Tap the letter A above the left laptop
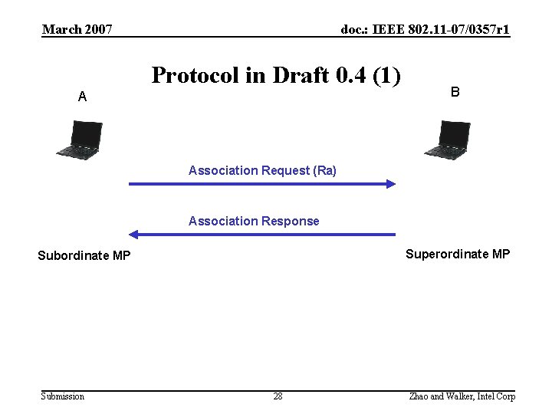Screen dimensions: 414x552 click(x=82, y=97)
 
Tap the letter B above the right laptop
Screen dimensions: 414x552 click(x=455, y=92)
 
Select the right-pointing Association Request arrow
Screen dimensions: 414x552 click(x=261, y=184)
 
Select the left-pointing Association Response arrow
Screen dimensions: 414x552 click(x=261, y=234)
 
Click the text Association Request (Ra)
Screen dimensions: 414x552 click(x=262, y=170)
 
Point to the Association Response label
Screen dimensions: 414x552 click(x=254, y=221)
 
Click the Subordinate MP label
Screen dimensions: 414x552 click(x=84, y=255)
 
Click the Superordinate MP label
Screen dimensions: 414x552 click(x=457, y=254)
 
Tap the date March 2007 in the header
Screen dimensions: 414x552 click(x=77, y=30)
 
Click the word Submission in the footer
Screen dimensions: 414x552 click(x=63, y=396)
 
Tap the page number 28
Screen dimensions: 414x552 click(x=278, y=396)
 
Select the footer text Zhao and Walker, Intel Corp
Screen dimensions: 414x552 click(x=462, y=396)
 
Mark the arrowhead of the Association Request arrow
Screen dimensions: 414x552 click(x=390, y=184)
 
